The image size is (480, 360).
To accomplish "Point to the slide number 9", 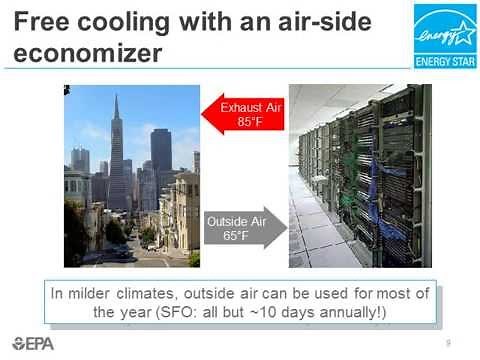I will coord(448,342).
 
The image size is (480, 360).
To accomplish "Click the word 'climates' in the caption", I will coord(148,293).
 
